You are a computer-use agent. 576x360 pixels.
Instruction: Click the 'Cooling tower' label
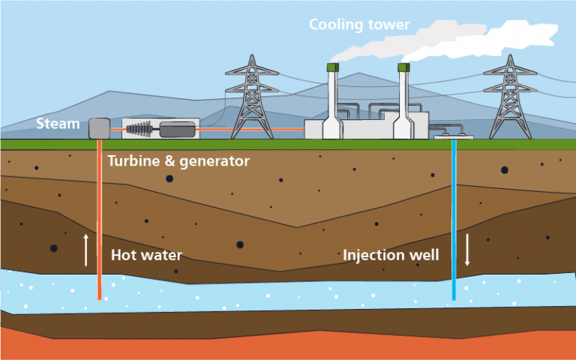tap(359, 25)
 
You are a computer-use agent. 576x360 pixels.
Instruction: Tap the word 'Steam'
tap(58, 124)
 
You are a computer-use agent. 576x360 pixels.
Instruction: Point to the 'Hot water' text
tap(146, 255)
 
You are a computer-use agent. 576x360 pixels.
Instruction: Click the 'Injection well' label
tap(390, 255)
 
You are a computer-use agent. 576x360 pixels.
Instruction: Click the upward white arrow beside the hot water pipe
tap(86, 250)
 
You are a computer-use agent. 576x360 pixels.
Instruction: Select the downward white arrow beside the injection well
tap(466, 250)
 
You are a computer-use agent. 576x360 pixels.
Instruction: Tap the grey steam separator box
tap(99, 129)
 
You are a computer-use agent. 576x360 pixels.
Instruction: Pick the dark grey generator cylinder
tap(177, 129)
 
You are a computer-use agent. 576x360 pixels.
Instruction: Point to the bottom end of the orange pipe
tap(99, 297)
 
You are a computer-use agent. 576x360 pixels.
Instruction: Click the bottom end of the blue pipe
tap(454, 298)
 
